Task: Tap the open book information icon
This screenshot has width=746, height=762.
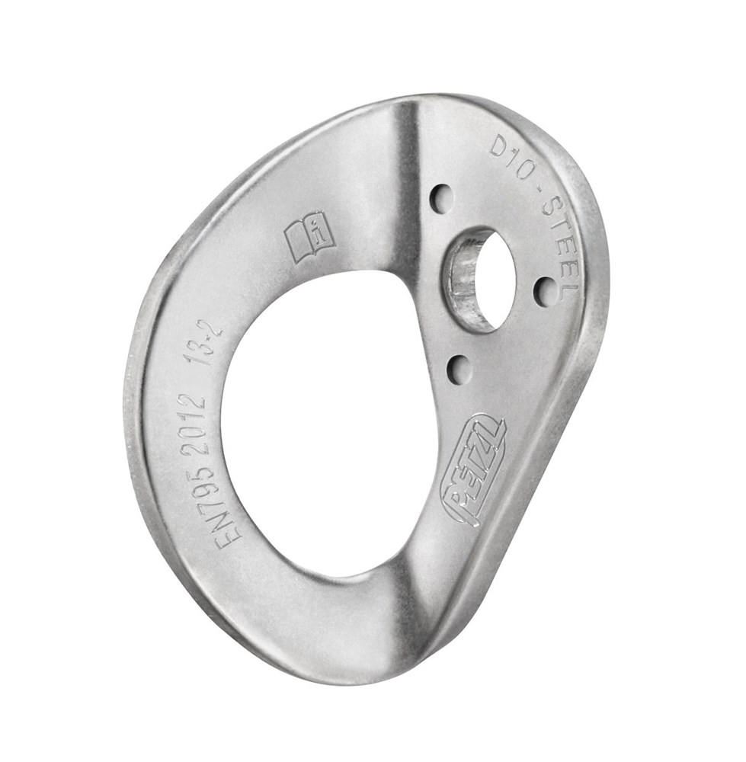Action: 310,236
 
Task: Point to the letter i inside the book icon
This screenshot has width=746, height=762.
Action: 321,232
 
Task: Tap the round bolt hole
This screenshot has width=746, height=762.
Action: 491,279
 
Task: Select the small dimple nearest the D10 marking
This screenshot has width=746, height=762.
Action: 441,199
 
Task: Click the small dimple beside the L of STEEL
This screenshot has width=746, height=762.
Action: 545,291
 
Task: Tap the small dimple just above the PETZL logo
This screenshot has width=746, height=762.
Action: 458,370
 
